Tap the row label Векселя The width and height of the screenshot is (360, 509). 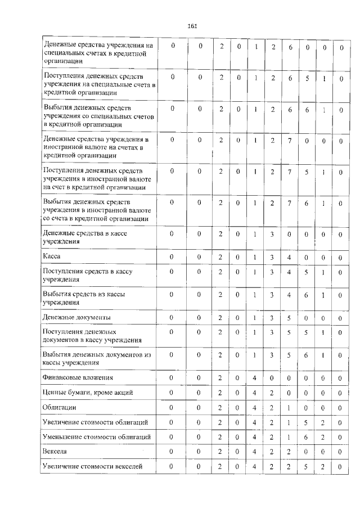click(x=55, y=451)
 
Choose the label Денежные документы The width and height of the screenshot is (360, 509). click(x=76, y=318)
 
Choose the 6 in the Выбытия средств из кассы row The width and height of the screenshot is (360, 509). click(x=307, y=295)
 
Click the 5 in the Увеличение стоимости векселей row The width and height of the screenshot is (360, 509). click(x=307, y=466)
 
